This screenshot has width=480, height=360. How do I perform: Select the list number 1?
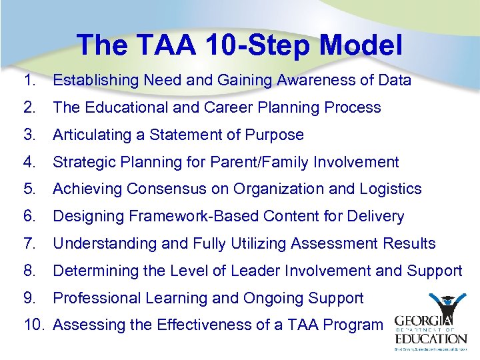(28, 81)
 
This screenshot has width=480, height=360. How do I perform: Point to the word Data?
(394, 81)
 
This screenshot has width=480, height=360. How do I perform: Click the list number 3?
(28, 135)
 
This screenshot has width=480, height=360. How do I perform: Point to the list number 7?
(28, 244)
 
